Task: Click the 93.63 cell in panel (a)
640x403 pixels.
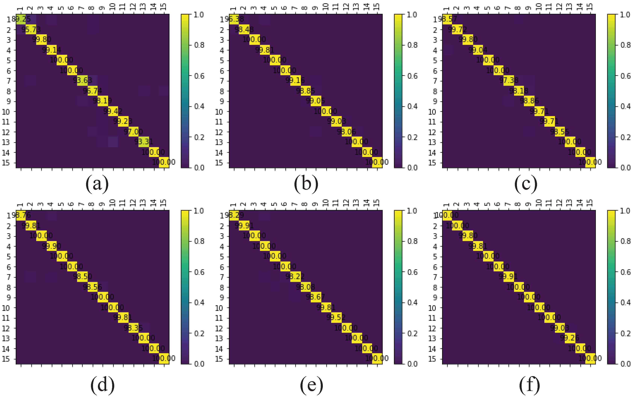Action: click(82, 81)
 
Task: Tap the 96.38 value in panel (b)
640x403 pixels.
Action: click(234, 19)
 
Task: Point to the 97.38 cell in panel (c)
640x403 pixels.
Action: click(508, 81)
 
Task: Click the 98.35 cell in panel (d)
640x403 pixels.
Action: click(133, 328)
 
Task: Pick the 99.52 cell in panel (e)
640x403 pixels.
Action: click(336, 318)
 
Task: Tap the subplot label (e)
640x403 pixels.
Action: click(312, 386)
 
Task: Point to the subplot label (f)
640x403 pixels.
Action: click(529, 386)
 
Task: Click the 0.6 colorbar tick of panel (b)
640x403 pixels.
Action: click(412, 76)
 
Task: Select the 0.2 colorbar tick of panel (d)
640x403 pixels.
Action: click(199, 333)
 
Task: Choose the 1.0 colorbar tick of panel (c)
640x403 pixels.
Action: click(625, 15)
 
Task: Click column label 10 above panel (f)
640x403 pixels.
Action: click(539, 203)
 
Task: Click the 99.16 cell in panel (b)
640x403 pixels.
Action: click(295, 81)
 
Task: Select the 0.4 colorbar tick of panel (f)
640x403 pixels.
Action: click(625, 302)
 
